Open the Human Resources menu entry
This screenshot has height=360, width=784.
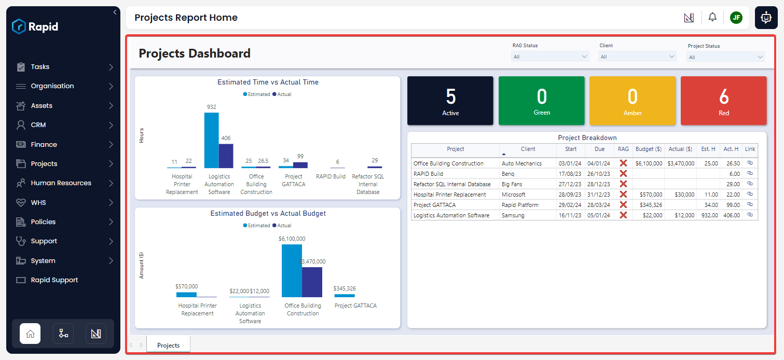61,183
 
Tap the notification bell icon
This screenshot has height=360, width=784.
712,17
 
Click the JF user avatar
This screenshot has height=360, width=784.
736,18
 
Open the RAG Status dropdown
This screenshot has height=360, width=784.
550,57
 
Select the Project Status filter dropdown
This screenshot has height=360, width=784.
725,57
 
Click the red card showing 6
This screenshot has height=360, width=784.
723,101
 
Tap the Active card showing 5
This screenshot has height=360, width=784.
450,101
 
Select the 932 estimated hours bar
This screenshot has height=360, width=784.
211,140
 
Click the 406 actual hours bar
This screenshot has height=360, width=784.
226,156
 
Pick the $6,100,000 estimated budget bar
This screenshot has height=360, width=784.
292,270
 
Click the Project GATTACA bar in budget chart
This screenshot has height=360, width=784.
345,296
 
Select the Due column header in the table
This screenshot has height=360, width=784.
599,149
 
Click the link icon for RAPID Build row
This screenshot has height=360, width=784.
750,173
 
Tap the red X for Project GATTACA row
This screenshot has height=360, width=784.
623,205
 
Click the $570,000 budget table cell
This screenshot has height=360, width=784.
649,195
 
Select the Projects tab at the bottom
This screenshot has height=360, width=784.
168,345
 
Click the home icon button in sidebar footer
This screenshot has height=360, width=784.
30,334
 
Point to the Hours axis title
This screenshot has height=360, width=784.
142,135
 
